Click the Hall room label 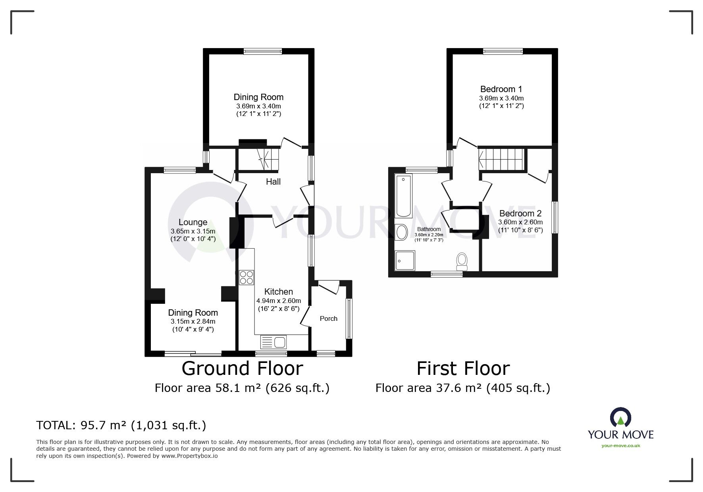click(273, 182)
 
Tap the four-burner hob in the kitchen click(247, 277)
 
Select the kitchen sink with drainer click(273, 342)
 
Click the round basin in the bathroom click(402, 232)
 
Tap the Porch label click(328, 318)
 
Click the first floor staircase click(502, 158)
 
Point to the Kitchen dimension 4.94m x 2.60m click(278, 301)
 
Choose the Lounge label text click(193, 222)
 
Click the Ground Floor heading click(242, 369)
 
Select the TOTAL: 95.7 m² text click(121, 426)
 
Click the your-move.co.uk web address click(621, 446)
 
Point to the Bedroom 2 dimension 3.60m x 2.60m click(520, 222)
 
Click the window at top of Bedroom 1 click(503, 51)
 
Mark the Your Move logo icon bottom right click(620, 417)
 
